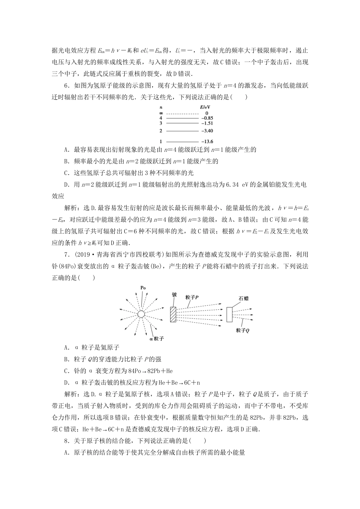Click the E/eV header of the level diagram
tap(204, 108)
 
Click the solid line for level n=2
tap(182, 131)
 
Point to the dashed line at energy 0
tap(182, 113)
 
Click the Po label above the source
tap(143, 288)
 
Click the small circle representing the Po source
tap(141, 314)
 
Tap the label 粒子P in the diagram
tap(192, 297)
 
